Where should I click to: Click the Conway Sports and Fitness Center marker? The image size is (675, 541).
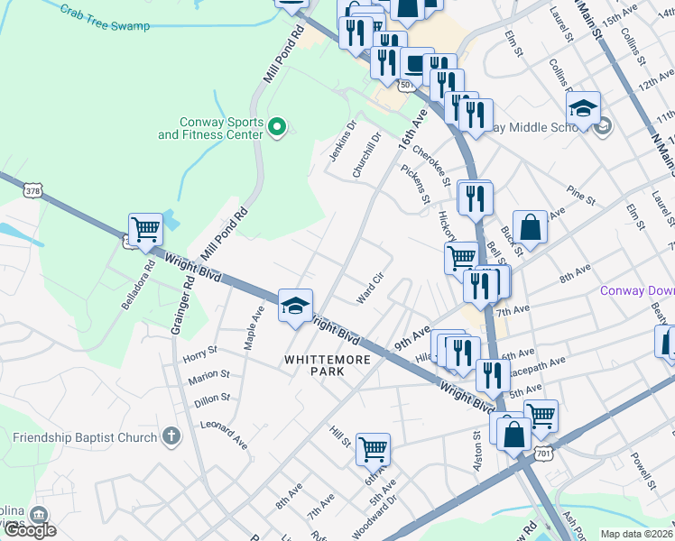coord(278,128)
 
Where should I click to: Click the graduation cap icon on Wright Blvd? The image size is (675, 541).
coord(295,305)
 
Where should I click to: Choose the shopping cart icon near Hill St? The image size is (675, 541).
coord(373,446)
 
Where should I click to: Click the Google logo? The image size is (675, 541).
coord(30,530)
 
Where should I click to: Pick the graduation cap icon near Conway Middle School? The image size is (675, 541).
coord(583,108)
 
